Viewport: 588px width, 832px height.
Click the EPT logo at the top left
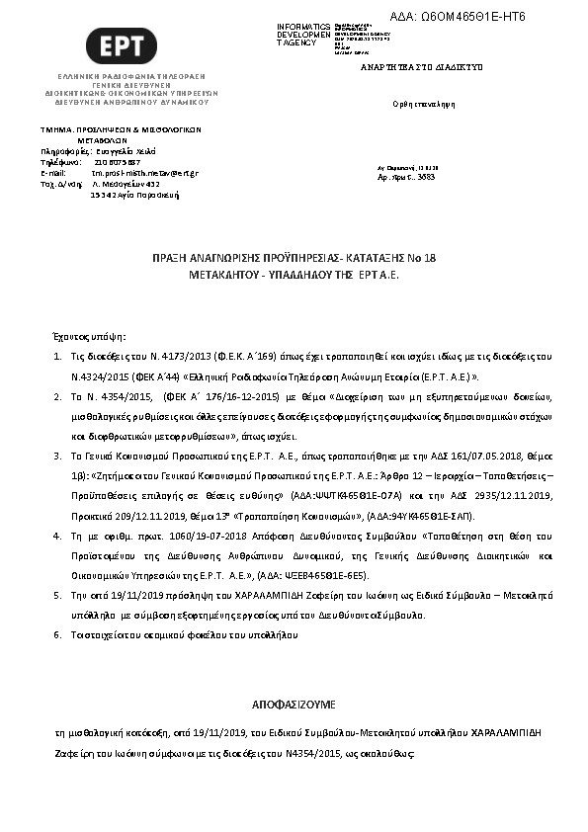tap(121, 45)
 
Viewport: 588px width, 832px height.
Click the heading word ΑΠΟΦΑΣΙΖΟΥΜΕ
tap(294, 706)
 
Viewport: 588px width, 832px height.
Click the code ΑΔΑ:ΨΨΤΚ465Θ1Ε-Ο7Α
tap(343, 493)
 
